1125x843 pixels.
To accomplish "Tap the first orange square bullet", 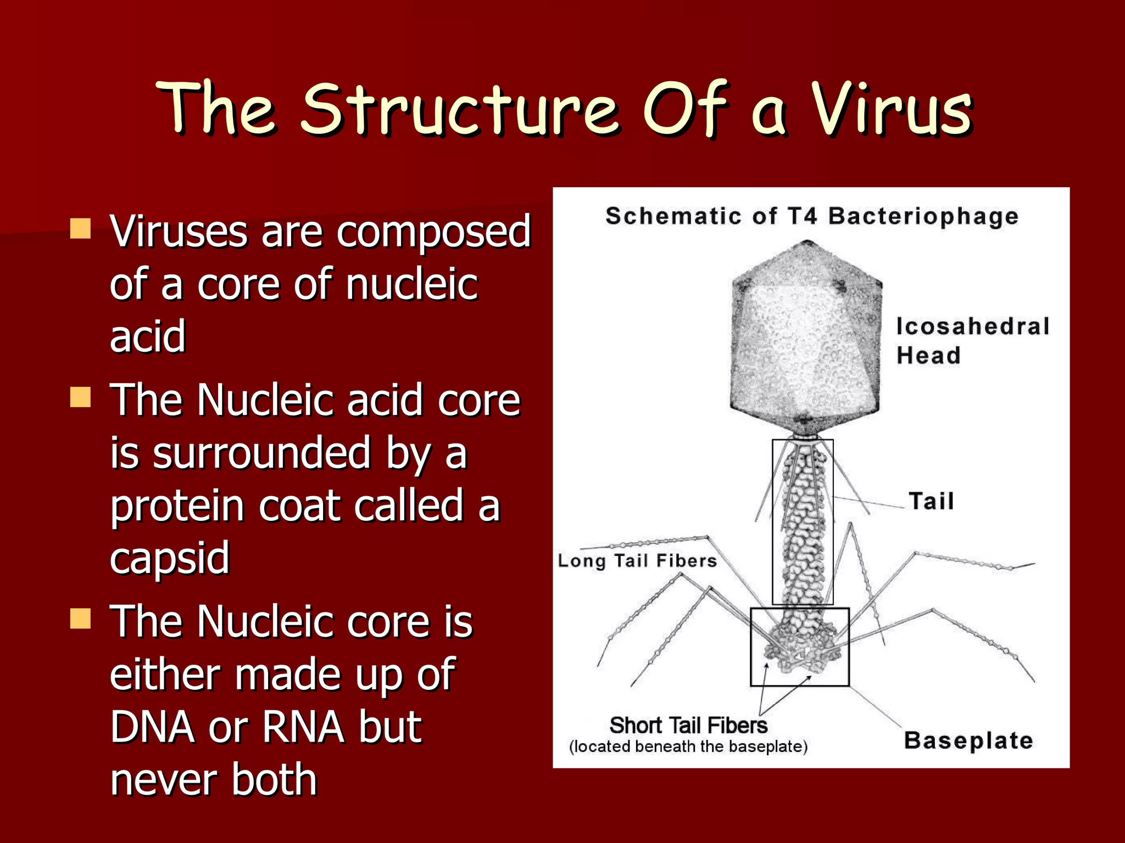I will pos(80,228).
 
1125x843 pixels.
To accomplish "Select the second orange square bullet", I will pos(80,397).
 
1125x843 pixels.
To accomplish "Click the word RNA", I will pos(303,727).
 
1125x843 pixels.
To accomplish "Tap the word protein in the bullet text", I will pos(177,506).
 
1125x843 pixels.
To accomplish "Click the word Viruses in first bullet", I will pos(179,232).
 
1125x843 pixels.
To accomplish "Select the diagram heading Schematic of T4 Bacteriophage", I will pos(811,216).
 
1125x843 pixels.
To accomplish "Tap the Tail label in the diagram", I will pos(931,501).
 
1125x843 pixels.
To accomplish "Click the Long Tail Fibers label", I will pos(637,561).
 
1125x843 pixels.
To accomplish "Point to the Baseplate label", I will pos(968,740).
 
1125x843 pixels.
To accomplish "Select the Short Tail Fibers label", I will pos(688,726).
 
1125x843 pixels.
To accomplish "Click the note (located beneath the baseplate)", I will pos(688,747).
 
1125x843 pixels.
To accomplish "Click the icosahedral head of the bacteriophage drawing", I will pos(805,340).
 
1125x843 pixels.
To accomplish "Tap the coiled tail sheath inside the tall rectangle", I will pos(803,521).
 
